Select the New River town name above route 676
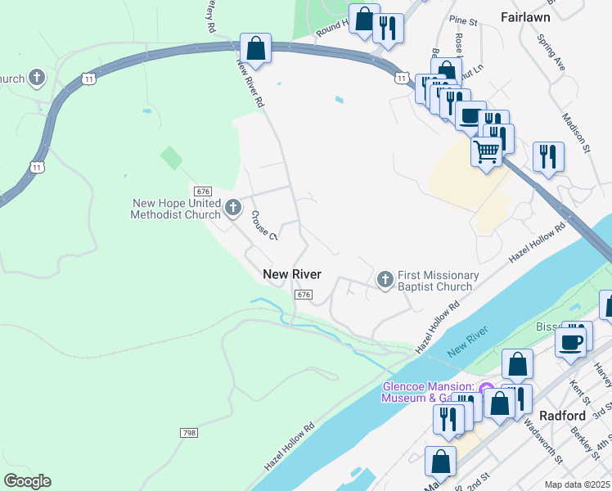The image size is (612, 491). [x=292, y=275]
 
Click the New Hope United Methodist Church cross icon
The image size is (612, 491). [x=233, y=209]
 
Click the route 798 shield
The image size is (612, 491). [x=189, y=431]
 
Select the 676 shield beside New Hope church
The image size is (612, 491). [x=204, y=191]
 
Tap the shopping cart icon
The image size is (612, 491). [x=486, y=151]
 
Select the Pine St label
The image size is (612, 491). [x=463, y=20]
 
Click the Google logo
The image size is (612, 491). [x=28, y=481]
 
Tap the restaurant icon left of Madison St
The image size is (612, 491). [x=547, y=155]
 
